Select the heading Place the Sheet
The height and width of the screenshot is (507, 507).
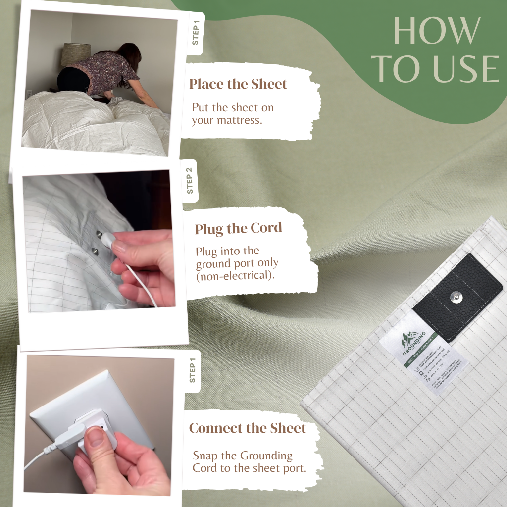pyautogui.click(x=238, y=84)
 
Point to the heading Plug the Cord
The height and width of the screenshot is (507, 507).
pyautogui.click(x=238, y=229)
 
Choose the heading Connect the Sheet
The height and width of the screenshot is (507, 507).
pyautogui.click(x=248, y=428)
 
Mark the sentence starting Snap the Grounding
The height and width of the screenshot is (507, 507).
pyautogui.click(x=249, y=461)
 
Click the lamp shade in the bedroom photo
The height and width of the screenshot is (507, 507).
pyautogui.click(x=76, y=54)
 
